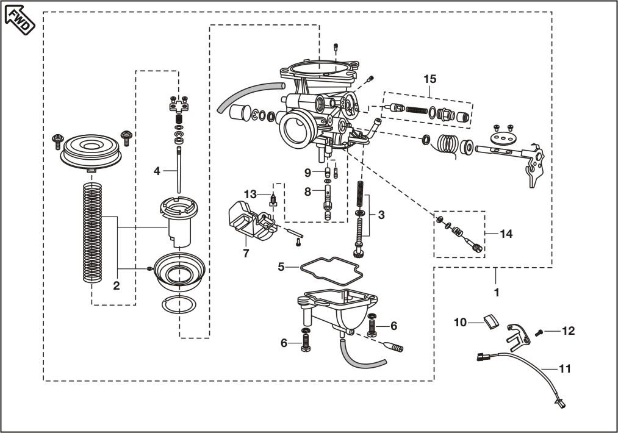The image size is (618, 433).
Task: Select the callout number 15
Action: coord(430,79)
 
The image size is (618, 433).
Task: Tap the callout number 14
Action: coord(506,234)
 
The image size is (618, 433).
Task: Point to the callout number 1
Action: coord(496,292)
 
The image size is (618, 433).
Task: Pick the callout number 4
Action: coord(157,171)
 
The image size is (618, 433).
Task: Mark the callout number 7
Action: coord(246,253)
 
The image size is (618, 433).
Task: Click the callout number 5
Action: coord(281,267)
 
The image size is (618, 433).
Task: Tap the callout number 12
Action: coord(568,331)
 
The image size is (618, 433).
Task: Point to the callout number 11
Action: coord(565,368)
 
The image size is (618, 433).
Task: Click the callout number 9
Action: coord(309,172)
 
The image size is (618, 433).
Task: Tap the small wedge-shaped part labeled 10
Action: coord(491,321)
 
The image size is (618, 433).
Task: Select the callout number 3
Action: coord(381,215)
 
